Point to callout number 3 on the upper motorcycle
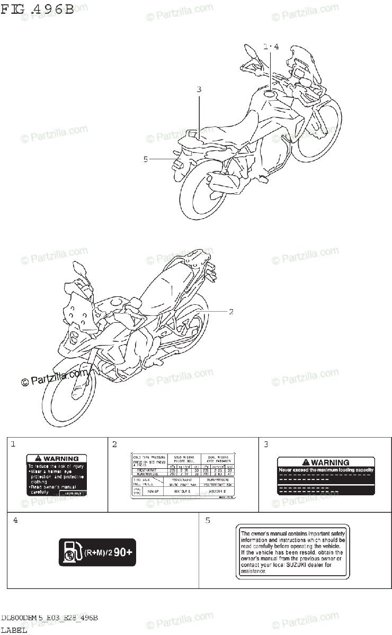coord(199,89)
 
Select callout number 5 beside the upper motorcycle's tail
coord(146,159)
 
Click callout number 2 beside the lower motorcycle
coord(231,312)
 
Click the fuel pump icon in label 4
coord(69,553)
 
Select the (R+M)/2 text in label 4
coord(97,554)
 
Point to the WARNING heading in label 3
coord(326,462)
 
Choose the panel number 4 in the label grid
coord(15,521)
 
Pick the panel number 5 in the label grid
coord(208,521)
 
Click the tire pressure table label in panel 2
coord(183,476)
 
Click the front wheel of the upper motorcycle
coord(318,130)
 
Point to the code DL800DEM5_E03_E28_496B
coord(49,618)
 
